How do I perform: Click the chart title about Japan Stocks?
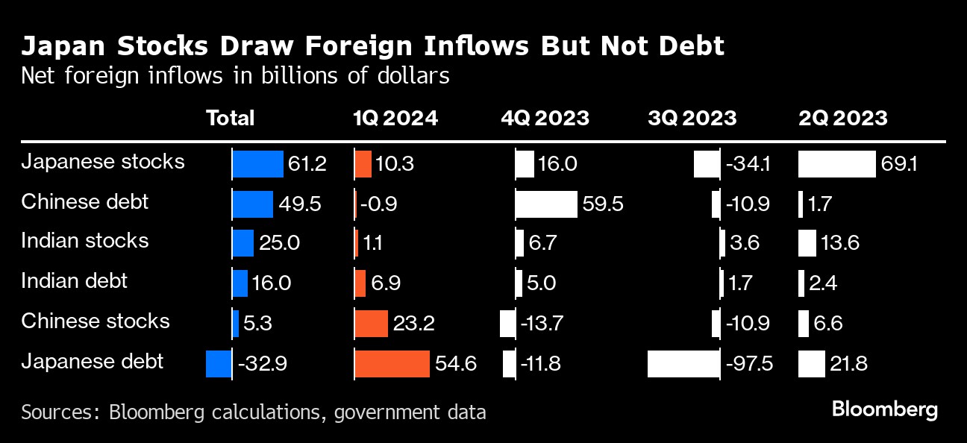click(x=373, y=46)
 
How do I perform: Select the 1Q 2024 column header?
click(x=395, y=118)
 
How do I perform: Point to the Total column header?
click(x=230, y=118)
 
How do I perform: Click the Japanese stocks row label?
click(x=103, y=162)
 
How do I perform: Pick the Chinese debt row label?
click(x=85, y=202)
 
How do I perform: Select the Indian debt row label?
click(x=75, y=281)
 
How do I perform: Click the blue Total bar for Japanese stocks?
click(x=258, y=164)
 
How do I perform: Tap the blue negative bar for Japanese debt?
click(x=219, y=364)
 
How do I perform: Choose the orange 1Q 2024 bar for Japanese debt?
click(x=392, y=364)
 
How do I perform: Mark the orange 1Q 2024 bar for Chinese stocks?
click(x=372, y=324)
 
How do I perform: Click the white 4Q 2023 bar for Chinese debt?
click(x=546, y=204)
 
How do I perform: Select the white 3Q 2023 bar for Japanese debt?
click(x=683, y=364)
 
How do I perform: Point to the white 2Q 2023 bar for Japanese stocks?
click(x=836, y=164)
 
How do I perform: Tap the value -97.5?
click(x=748, y=364)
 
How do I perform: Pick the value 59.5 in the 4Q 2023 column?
click(x=603, y=204)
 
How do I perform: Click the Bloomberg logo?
click(x=885, y=409)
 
